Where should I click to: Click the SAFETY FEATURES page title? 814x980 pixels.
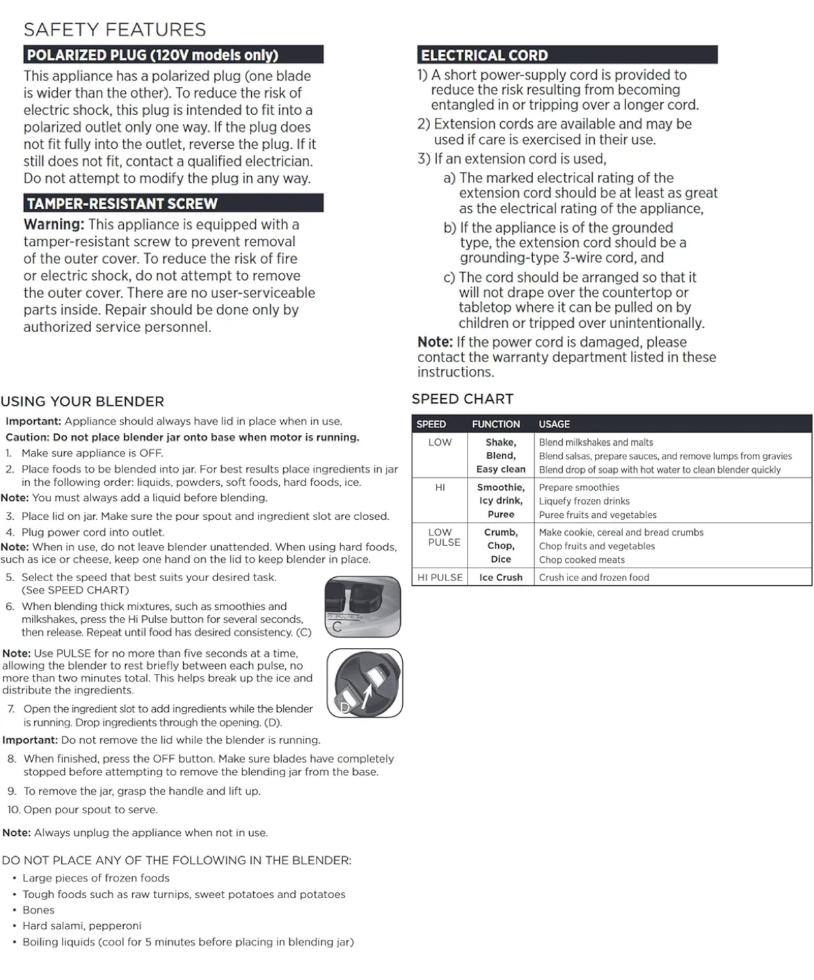click(114, 30)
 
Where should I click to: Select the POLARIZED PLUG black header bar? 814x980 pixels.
click(173, 55)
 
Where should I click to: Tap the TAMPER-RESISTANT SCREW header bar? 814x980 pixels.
click(173, 203)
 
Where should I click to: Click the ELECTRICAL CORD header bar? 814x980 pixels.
click(567, 55)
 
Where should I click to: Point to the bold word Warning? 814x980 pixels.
click(54, 225)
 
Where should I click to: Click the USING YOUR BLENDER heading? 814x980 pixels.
click(82, 402)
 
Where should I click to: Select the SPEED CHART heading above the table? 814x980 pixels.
click(462, 399)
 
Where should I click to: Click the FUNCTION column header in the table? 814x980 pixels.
click(495, 424)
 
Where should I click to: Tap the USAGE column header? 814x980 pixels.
click(554, 424)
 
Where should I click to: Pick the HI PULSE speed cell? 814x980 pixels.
click(440, 577)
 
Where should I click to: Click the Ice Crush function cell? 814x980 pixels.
click(500, 577)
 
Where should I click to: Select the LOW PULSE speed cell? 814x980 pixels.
click(444, 537)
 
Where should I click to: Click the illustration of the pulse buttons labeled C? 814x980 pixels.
click(362, 606)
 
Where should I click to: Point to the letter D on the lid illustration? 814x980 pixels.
click(344, 707)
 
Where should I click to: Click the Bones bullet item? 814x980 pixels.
click(38, 910)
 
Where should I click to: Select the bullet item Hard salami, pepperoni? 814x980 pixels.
click(82, 926)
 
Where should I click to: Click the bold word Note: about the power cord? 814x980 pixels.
click(435, 342)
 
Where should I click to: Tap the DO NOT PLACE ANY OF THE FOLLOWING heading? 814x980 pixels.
click(176, 860)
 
